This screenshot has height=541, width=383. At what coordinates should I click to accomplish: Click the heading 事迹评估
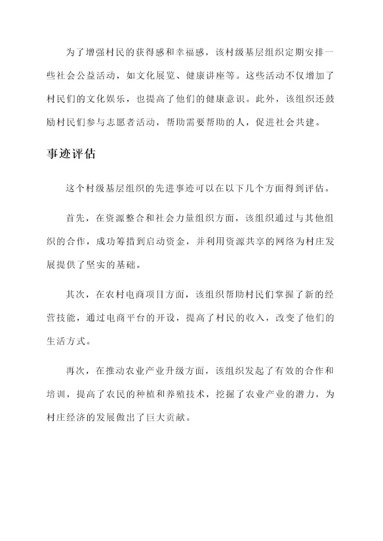tap(71, 154)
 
